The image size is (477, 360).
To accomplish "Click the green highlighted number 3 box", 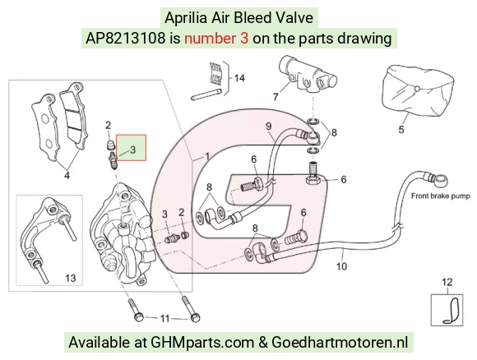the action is click(x=132, y=148).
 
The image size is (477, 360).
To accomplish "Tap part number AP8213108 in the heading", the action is click(x=126, y=39).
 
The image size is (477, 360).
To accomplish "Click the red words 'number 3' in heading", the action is click(x=216, y=39).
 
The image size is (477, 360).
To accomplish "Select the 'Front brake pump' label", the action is click(x=441, y=196).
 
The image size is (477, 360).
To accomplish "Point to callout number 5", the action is click(x=401, y=130).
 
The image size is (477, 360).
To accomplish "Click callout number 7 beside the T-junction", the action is click(x=276, y=97).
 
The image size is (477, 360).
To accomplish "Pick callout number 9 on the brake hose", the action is click(x=268, y=126).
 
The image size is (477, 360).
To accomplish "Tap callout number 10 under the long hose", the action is click(x=341, y=266).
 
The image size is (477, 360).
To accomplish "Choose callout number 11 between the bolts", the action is click(x=164, y=318).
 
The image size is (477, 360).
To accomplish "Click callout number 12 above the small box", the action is click(x=447, y=282).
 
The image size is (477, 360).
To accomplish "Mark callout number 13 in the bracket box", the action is click(x=70, y=278).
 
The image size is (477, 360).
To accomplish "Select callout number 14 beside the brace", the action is click(x=239, y=78).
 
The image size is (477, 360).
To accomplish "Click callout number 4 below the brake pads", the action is click(x=67, y=175).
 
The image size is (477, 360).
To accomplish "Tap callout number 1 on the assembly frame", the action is click(x=207, y=157).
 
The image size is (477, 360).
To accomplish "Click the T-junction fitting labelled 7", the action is click(x=308, y=75).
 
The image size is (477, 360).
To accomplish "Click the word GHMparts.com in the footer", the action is click(x=202, y=343).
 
